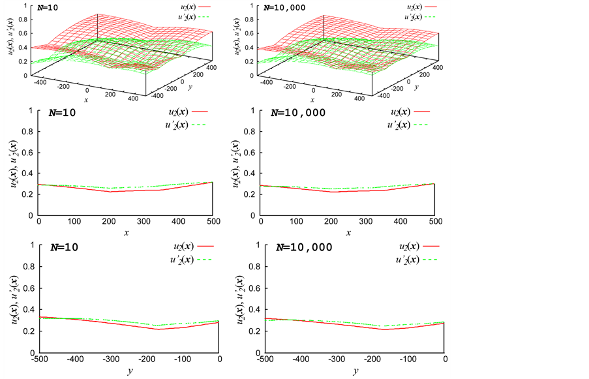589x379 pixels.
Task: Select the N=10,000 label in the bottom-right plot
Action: pos(304,247)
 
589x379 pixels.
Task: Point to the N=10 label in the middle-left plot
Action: pos(63,112)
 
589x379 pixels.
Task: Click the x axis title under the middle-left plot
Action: pos(127,233)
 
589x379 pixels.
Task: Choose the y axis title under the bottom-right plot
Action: pos(355,371)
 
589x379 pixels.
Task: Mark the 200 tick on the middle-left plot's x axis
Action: pos(109,222)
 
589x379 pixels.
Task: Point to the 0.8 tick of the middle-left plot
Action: pos(28,132)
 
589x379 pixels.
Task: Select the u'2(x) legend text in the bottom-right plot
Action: pos(406,260)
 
